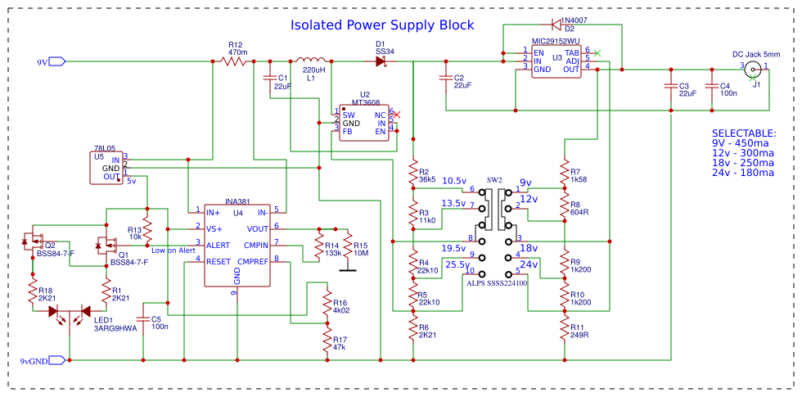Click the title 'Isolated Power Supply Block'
pyautogui.click(x=382, y=25)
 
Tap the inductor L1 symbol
pyautogui.click(x=312, y=61)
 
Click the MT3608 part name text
pyautogui.click(x=367, y=103)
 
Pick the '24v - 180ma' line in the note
pyautogui.click(x=742, y=173)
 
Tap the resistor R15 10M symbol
pyautogui.click(x=348, y=246)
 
